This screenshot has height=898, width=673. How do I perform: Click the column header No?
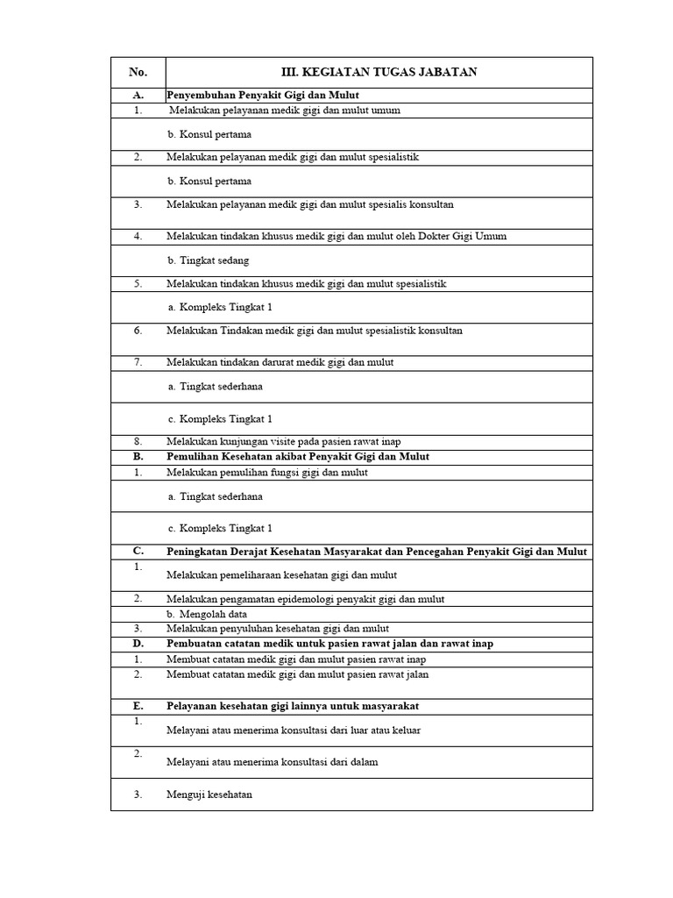[138, 72]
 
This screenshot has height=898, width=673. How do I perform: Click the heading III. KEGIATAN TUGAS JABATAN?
[379, 72]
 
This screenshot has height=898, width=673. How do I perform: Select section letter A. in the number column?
[138, 95]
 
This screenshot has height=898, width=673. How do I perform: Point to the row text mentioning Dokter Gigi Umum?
[336, 236]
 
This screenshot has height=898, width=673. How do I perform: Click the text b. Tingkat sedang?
[208, 260]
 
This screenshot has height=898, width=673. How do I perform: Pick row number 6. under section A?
[138, 331]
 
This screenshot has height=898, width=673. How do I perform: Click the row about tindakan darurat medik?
[280, 362]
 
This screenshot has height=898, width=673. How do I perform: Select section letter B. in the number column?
[138, 457]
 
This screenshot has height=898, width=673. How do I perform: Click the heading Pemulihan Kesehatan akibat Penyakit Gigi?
[298, 457]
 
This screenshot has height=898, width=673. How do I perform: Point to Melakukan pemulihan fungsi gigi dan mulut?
[267, 472]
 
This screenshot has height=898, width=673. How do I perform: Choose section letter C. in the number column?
[138, 551]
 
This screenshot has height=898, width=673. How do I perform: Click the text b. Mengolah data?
[206, 614]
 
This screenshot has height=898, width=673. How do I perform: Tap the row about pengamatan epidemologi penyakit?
[305, 599]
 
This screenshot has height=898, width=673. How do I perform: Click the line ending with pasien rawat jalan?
[298, 674]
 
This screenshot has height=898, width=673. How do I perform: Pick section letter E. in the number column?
[138, 706]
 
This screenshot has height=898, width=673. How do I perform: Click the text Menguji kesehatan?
[209, 795]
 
